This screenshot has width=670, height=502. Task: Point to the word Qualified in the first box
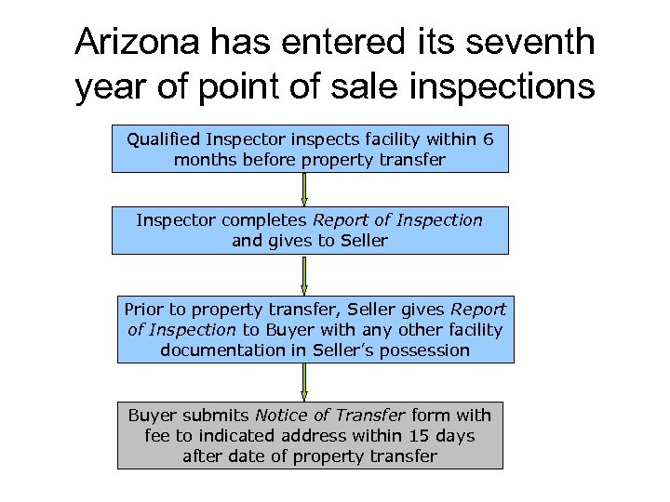(164, 139)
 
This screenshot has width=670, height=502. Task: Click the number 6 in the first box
(488, 139)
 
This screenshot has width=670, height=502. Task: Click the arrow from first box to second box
(304, 189)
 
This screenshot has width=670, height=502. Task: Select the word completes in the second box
(264, 220)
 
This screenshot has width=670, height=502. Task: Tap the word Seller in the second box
(363, 241)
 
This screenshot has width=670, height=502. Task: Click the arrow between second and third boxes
(304, 275)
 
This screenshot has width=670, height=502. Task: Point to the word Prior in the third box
(144, 309)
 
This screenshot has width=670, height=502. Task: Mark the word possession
(423, 350)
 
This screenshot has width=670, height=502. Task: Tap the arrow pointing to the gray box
(304, 381)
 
